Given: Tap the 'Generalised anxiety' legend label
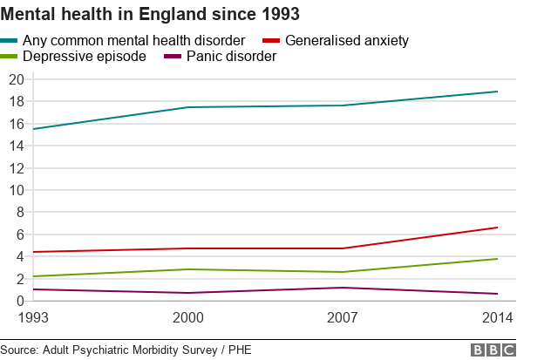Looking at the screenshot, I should (347, 40).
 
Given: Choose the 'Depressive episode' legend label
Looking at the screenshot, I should (85, 57).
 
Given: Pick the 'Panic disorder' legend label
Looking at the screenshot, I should (231, 57).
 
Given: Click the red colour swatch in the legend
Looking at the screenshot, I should (271, 40).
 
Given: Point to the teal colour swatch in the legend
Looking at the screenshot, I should (10, 40).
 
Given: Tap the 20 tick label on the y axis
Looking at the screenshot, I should (15, 79).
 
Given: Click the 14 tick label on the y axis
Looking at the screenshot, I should (15, 146).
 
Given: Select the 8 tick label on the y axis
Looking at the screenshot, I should (19, 213).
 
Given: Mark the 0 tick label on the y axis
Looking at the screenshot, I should (19, 302).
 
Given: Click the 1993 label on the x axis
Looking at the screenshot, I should (33, 316).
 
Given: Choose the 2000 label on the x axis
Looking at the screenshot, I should (187, 316).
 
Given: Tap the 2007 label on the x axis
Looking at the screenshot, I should (343, 316).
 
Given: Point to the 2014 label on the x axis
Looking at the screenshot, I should (498, 316).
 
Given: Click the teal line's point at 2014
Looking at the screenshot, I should (498, 92).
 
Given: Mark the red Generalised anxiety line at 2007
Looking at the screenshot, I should (343, 248).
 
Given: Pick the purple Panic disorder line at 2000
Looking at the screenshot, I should (187, 293).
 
